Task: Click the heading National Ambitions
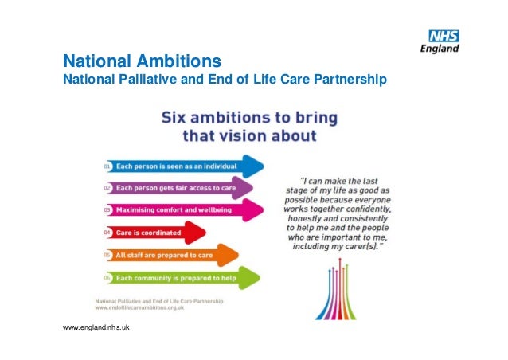point(143,61)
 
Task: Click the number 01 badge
point(106,166)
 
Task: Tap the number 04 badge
point(106,233)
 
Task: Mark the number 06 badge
point(106,278)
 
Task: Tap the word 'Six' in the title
point(178,118)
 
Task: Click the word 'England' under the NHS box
point(440,49)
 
